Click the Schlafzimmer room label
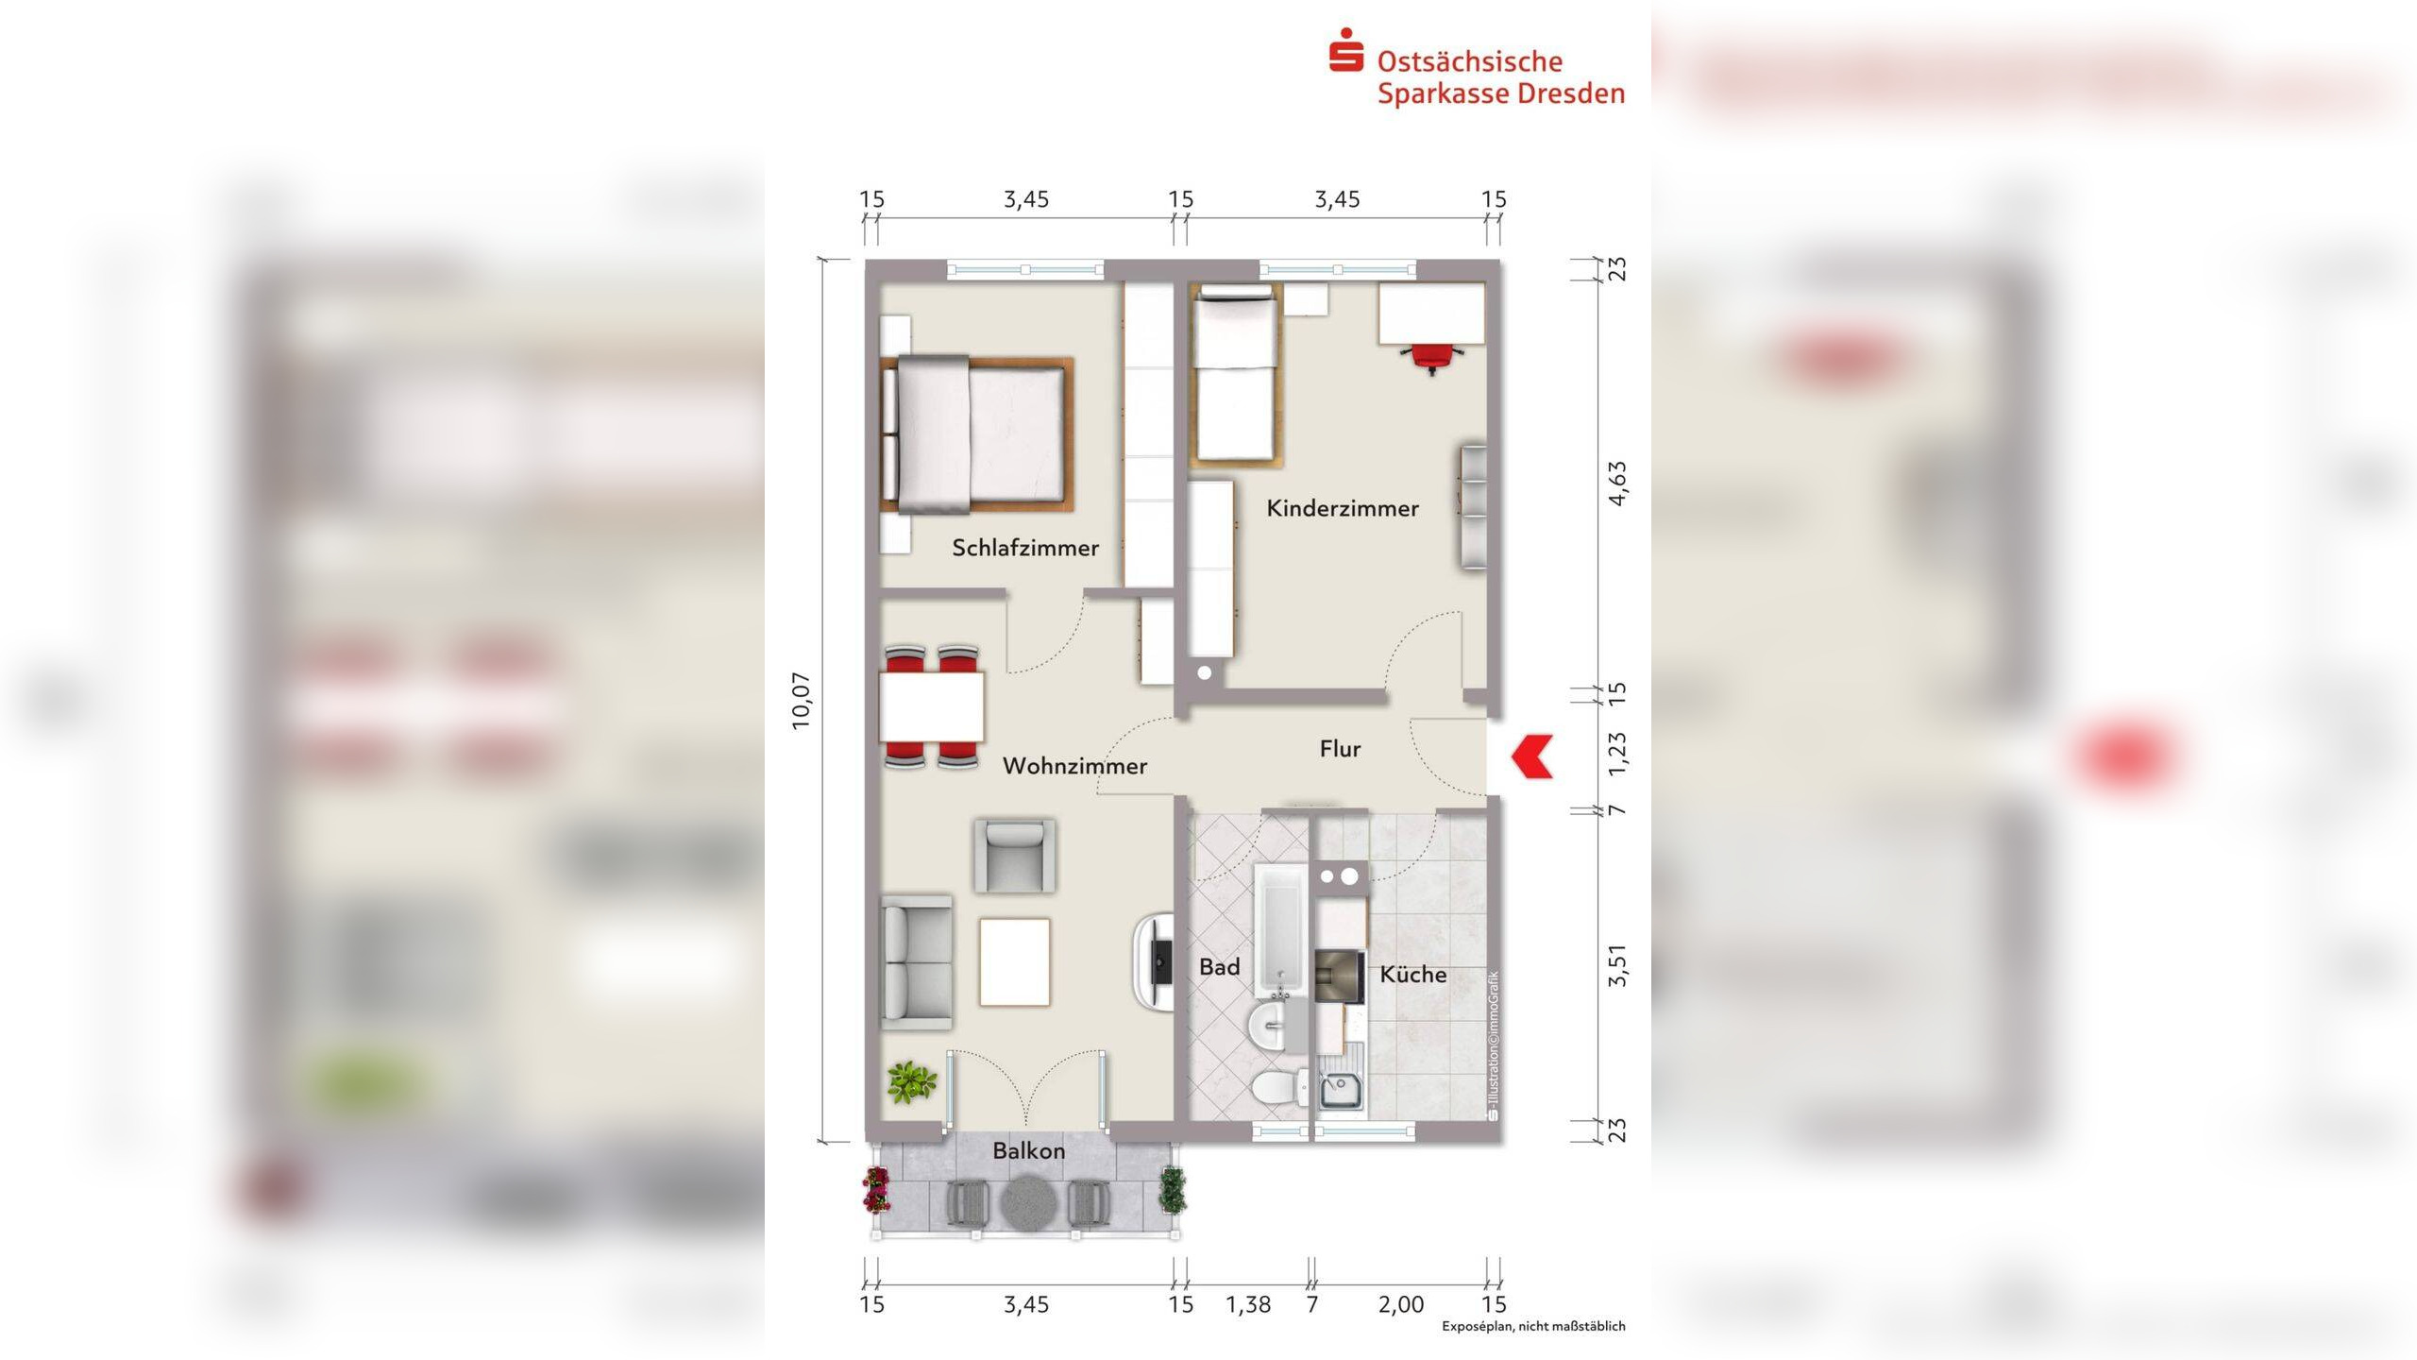tap(1025, 548)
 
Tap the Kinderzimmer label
tap(1343, 508)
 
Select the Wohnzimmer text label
tap(1074, 766)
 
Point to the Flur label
tap(1340, 749)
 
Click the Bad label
tap(1219, 967)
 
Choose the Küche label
tap(1412, 974)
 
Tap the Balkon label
tap(1028, 1150)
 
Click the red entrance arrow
tap(1531, 756)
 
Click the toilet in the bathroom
tap(1278, 1089)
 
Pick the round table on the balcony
tap(1028, 1203)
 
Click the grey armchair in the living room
tap(1015, 856)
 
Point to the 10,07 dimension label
tap(801, 701)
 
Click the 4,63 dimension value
tap(1617, 484)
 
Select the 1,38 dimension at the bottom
tap(1248, 1304)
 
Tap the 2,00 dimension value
tap(1401, 1304)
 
